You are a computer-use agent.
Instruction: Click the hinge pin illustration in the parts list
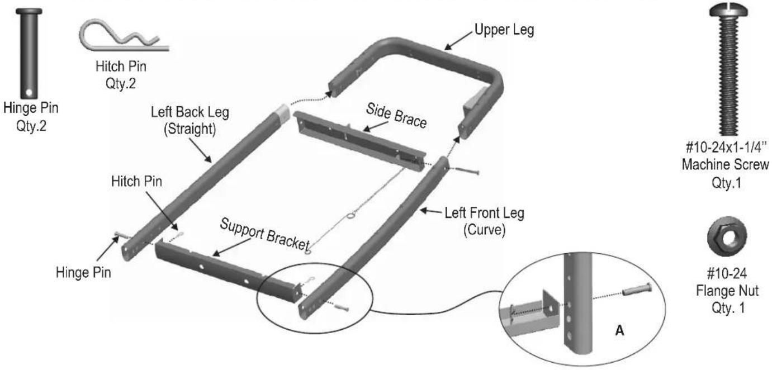[29, 54]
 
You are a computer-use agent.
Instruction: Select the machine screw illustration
[728, 69]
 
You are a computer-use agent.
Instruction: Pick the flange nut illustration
[727, 236]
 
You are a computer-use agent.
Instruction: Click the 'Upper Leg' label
[504, 30]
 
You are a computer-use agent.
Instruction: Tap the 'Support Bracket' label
[264, 234]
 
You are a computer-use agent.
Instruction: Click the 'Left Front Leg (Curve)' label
[484, 221]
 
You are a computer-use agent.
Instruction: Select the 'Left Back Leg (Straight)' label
[190, 121]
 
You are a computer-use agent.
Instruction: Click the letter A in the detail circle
[619, 331]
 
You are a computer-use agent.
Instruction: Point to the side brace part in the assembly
[360, 140]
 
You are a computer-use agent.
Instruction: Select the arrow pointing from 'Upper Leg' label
[458, 41]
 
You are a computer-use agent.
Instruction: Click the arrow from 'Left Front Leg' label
[431, 211]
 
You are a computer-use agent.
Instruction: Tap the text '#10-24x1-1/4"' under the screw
[727, 148]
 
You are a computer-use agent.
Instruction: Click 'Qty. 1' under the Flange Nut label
[728, 307]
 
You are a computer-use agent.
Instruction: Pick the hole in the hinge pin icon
[29, 93]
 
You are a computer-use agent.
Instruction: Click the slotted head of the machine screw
[728, 10]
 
